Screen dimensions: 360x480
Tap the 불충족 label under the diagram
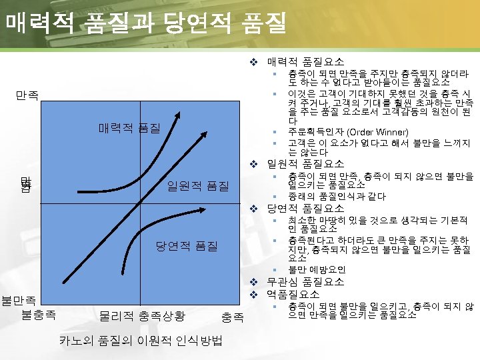point(39,314)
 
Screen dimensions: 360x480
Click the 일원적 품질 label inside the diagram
point(198,185)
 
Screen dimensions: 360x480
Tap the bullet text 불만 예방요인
point(317,269)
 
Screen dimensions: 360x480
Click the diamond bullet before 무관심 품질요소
point(253,281)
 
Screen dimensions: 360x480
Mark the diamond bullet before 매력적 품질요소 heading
point(253,61)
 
